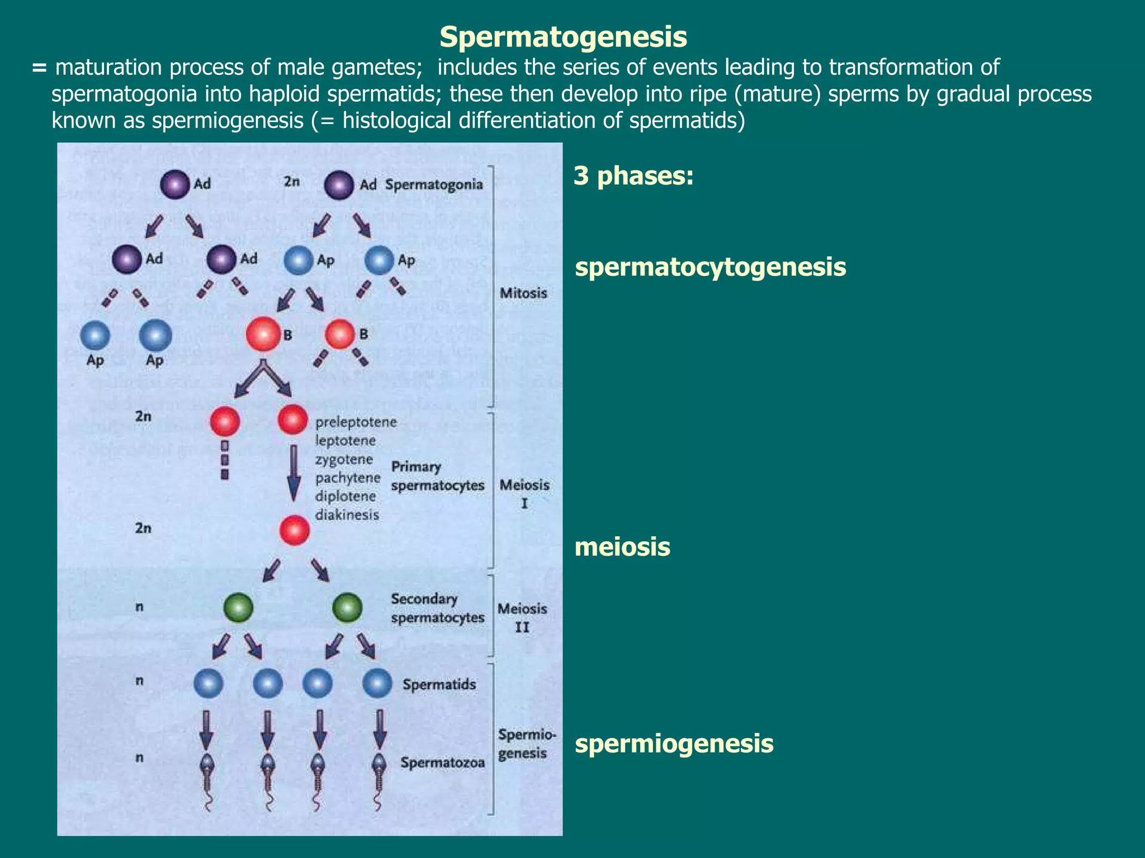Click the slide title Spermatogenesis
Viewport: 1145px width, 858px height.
click(563, 37)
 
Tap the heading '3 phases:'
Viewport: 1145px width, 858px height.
click(633, 176)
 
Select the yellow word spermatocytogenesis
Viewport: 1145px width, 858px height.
click(710, 267)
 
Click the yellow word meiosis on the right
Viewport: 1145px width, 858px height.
click(622, 547)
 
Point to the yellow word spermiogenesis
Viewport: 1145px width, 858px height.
click(674, 744)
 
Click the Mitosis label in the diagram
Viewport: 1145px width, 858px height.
click(523, 293)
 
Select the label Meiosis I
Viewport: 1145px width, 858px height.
click(524, 493)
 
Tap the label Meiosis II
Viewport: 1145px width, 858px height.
click(522, 617)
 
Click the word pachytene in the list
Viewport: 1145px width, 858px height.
click(348, 478)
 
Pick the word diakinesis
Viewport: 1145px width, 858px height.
click(347, 515)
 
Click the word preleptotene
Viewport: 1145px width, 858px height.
click(356, 422)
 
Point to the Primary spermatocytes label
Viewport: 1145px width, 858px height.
click(437, 476)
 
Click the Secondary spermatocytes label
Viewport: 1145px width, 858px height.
click(437, 608)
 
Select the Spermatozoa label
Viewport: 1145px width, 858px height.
click(442, 763)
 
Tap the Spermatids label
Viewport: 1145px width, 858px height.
click(439, 684)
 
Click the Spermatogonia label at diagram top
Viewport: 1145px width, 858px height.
click(434, 184)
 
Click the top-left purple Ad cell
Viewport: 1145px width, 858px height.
click(174, 184)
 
